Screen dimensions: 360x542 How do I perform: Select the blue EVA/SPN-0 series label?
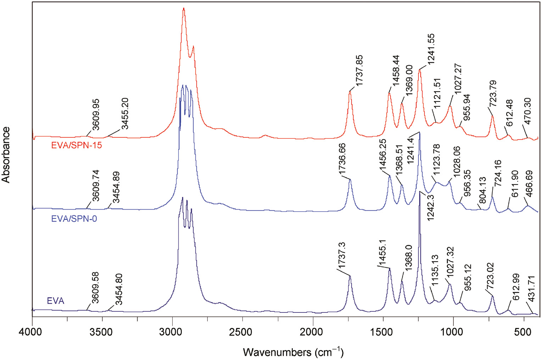click(74, 219)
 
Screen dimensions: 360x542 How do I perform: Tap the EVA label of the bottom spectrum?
click(56, 301)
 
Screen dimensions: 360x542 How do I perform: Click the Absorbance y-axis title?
click(6, 155)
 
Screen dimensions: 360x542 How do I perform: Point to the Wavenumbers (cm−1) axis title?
click(293, 352)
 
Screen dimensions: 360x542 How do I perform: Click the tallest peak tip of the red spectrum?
click(184, 9)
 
